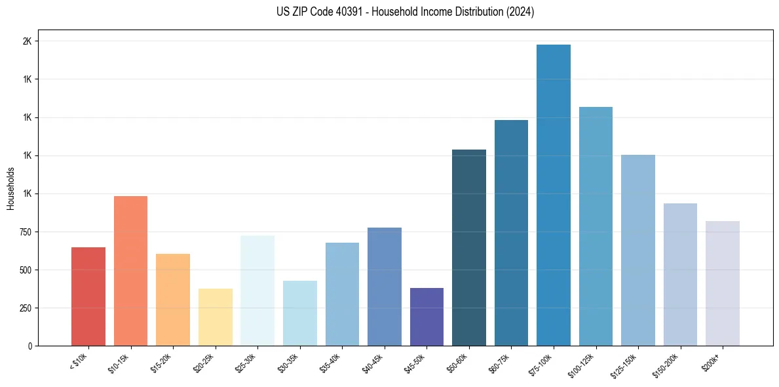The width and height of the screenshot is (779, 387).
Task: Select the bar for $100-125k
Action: [x=596, y=226]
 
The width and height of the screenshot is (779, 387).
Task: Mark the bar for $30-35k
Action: [x=299, y=313]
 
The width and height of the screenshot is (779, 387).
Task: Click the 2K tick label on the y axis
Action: [x=28, y=41]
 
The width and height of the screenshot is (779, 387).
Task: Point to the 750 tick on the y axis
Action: [x=24, y=232]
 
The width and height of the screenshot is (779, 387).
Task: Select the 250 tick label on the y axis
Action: [x=24, y=308]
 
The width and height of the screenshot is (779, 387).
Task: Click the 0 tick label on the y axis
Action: [x=30, y=346]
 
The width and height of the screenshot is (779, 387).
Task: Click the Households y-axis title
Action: [x=11, y=188]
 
